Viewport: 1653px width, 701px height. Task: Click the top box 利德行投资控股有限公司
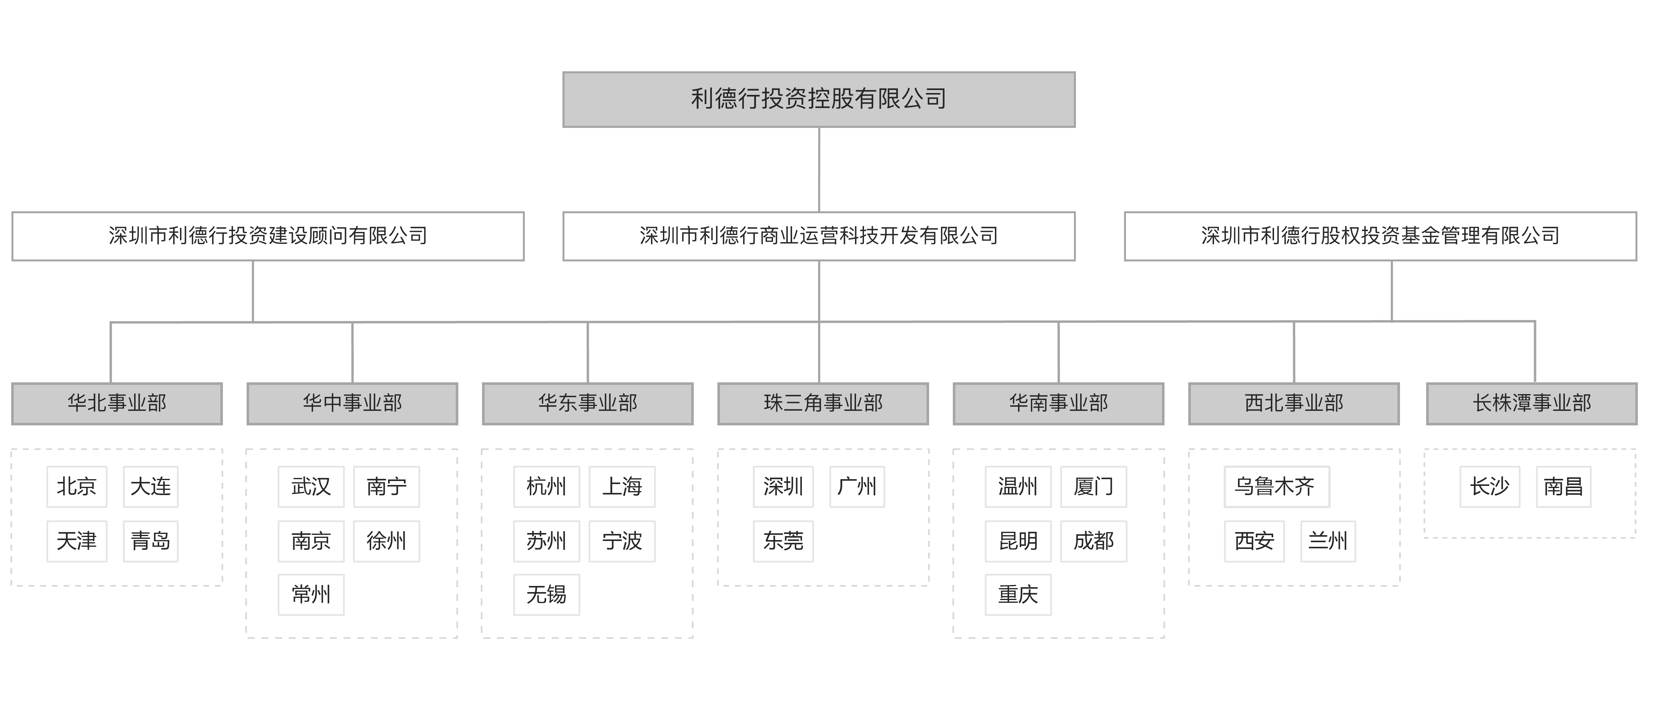[819, 99]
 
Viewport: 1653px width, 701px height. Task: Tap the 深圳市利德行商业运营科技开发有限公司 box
[819, 236]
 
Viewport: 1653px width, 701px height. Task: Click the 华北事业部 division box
[117, 403]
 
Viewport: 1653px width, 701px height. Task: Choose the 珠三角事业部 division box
[823, 403]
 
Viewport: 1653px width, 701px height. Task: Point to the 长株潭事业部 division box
[1532, 403]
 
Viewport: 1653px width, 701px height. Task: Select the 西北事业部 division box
[1294, 403]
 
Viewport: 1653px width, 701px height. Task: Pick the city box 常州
[311, 595]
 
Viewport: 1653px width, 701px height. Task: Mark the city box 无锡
[547, 595]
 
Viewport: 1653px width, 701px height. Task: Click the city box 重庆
[1018, 595]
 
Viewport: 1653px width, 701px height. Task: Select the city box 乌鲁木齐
[1277, 487]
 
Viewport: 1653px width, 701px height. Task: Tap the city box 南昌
[1564, 487]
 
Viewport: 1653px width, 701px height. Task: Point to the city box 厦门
[1094, 487]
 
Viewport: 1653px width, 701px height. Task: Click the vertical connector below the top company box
[819, 169]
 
